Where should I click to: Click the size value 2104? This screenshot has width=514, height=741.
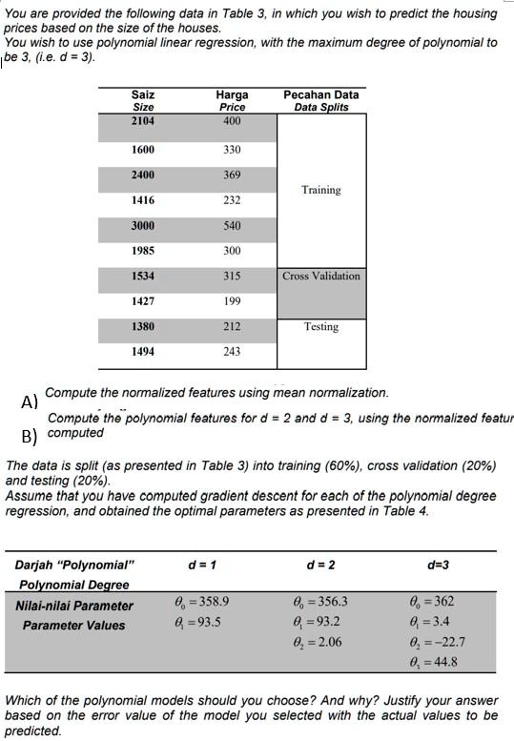click(142, 121)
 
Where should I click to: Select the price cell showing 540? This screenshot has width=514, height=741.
click(232, 226)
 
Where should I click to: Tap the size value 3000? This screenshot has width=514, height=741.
click(142, 226)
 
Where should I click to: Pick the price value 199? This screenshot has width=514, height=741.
click(232, 301)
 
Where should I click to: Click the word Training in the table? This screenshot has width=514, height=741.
click(320, 190)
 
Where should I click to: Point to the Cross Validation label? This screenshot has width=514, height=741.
click(321, 277)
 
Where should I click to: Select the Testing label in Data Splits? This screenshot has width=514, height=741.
click(321, 327)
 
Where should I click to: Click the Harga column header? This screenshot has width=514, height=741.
click(232, 95)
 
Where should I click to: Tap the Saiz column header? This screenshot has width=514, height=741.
click(143, 95)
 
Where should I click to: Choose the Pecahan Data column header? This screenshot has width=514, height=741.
click(321, 95)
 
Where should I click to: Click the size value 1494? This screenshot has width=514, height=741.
click(142, 352)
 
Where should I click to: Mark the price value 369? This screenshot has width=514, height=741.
click(232, 175)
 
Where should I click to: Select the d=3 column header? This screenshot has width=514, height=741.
click(439, 565)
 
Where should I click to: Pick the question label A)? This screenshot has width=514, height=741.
click(29, 401)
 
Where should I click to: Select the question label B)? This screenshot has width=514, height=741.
click(29, 438)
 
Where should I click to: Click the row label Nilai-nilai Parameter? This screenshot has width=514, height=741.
click(74, 606)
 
